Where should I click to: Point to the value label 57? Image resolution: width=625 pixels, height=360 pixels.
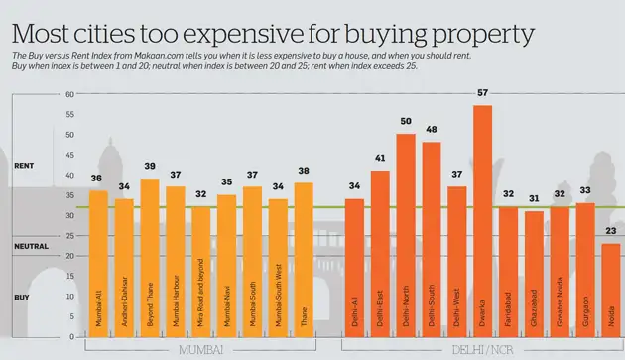482,94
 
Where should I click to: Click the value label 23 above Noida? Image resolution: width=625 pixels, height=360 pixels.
611,232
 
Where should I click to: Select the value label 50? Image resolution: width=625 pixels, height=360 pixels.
405,122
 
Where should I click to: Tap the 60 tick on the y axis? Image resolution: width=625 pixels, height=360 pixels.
68,95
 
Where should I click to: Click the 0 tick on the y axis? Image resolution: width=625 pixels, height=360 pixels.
70,336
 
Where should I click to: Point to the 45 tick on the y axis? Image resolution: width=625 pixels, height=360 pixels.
68,156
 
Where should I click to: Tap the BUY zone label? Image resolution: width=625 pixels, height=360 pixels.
21,297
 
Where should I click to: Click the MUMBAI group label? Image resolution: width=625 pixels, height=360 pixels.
201,350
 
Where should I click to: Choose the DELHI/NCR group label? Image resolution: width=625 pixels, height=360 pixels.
482,350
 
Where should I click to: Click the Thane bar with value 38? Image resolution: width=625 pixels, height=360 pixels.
304,259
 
